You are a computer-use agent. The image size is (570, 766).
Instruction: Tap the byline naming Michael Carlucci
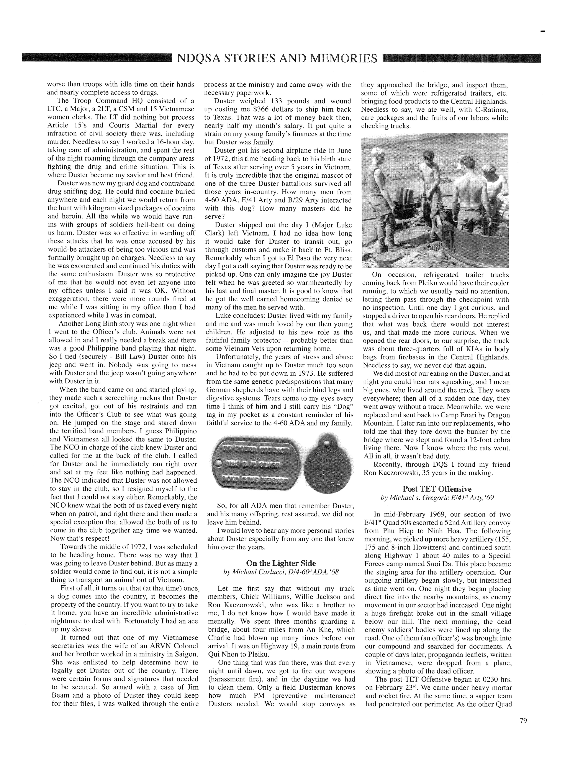(281, 572)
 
